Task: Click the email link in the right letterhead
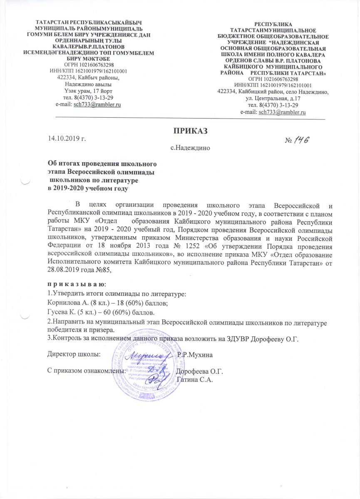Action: coord(283,112)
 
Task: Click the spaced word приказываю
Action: coord(77,284)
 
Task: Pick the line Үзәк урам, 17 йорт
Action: coord(85,91)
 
